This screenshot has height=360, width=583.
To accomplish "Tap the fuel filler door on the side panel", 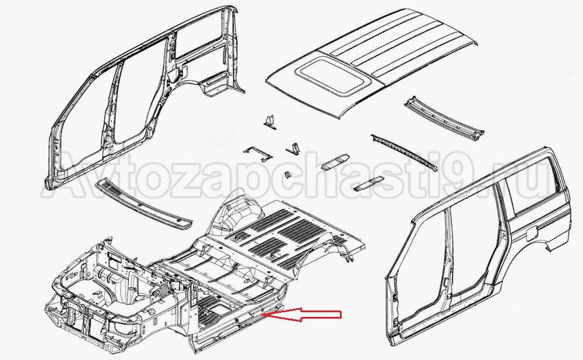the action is click(530, 235).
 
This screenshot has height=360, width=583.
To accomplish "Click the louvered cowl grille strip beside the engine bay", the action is click(144, 203).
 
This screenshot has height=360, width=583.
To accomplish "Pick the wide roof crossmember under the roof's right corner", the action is click(445, 118).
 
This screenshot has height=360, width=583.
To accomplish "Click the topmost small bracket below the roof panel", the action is click(271, 122).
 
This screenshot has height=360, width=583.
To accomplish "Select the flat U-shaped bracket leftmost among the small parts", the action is click(257, 154).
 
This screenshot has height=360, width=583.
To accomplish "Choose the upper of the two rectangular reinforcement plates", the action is click(335, 162).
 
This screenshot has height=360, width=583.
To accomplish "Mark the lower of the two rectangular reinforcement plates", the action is click(368, 184).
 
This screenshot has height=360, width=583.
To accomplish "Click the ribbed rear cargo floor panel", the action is click(290, 234).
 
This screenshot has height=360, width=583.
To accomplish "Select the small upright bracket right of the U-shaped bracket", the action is click(293, 148).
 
